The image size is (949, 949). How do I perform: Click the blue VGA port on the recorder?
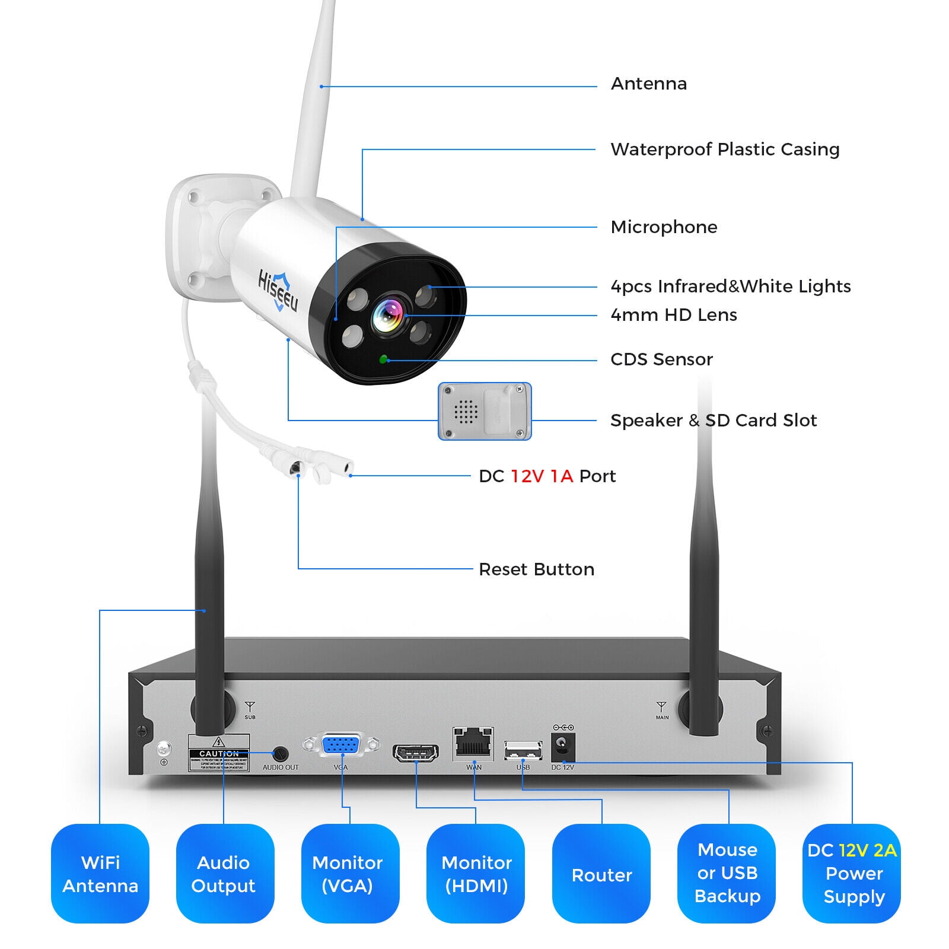[x=341, y=745]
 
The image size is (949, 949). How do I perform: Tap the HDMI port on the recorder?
[x=416, y=753]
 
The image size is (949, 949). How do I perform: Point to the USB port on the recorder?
[x=523, y=751]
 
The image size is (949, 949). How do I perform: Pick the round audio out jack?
[x=280, y=754]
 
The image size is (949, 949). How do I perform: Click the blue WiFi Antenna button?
[x=100, y=873]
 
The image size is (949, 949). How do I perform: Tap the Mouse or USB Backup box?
[x=727, y=873]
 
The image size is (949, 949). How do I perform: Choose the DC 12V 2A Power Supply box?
[x=852, y=873]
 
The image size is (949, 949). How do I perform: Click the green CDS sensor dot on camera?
[x=384, y=359]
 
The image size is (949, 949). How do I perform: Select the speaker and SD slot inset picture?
[x=485, y=411]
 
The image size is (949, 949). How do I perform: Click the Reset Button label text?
[x=536, y=569]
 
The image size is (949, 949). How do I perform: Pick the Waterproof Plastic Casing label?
[x=725, y=149]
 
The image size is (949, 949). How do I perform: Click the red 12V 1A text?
[x=542, y=476]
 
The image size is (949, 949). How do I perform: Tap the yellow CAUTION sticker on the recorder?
[x=219, y=753]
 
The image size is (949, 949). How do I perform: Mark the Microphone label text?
[x=664, y=227]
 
